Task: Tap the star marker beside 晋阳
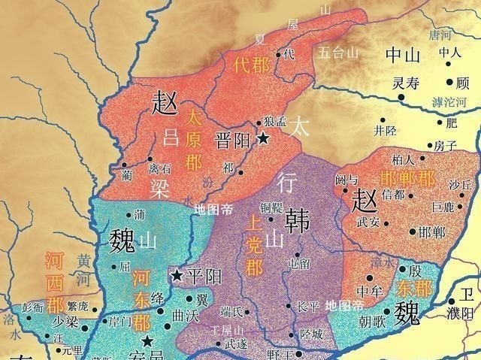(x=263, y=138)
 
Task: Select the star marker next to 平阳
(x=177, y=276)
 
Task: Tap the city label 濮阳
(x=467, y=313)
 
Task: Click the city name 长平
(x=308, y=307)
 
